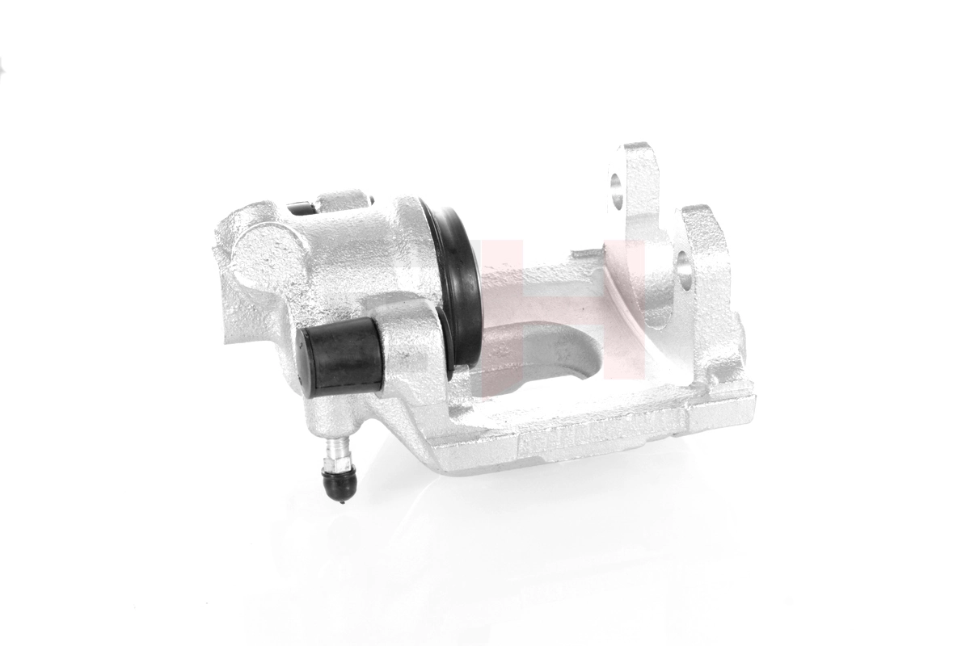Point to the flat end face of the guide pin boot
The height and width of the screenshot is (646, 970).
(306, 363)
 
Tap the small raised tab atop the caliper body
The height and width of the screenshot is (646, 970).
(344, 200)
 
